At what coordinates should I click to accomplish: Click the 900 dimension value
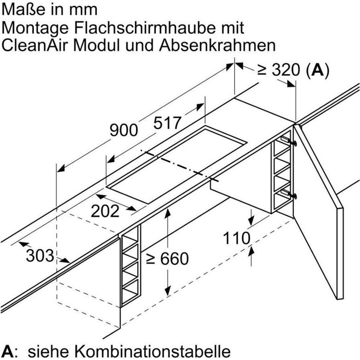pos(124,130)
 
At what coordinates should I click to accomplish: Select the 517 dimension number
pos(167,123)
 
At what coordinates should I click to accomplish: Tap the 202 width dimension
pos(106,211)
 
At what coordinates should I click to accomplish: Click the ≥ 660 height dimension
pos(167,259)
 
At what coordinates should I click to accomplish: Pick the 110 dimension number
pos(237,238)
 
